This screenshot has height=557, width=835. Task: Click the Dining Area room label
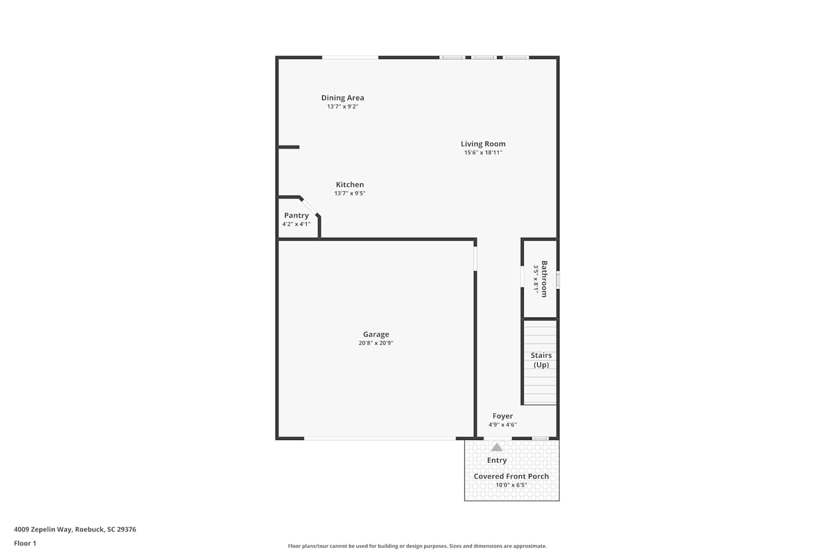coord(342,97)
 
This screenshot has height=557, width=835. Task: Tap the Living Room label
coord(483,144)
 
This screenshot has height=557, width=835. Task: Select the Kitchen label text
coord(350,184)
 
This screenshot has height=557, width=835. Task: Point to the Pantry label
coord(296,215)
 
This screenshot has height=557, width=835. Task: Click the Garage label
coord(376,334)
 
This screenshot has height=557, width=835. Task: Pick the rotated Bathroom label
coord(544,279)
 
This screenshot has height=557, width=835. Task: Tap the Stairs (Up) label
coord(541,360)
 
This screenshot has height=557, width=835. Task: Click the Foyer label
coord(503,416)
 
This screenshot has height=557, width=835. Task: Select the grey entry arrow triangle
coord(497,447)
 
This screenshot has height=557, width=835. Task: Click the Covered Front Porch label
coord(512,476)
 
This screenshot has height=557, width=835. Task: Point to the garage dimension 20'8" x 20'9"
coord(376,343)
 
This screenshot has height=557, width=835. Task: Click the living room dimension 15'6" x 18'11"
coord(483,153)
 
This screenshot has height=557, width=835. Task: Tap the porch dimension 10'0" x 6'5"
coord(512,485)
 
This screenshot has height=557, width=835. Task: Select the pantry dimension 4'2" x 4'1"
coord(296,224)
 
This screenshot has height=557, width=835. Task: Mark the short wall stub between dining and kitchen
coord(289,147)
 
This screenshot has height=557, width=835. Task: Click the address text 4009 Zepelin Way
coord(43,529)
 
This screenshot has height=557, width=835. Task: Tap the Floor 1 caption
coord(25,543)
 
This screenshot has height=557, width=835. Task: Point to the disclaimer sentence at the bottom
coord(417,546)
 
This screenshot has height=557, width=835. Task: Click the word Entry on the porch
coord(497,461)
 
